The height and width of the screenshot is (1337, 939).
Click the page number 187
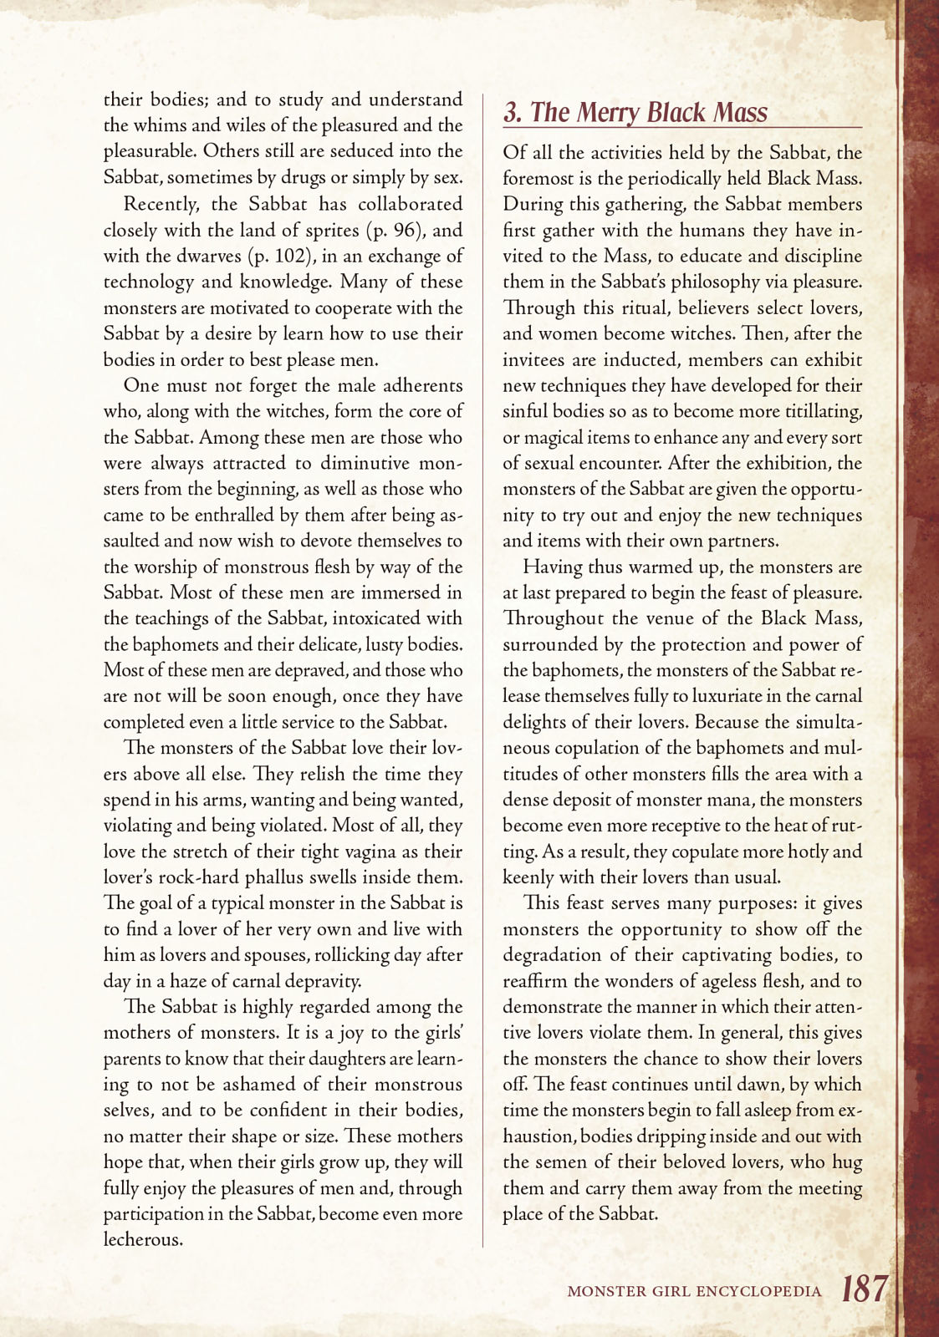point(864,1289)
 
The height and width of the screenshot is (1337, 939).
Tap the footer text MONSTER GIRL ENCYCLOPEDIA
point(694,1291)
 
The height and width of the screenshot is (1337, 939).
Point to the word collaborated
point(410,204)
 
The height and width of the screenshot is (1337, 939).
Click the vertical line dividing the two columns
point(482,668)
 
